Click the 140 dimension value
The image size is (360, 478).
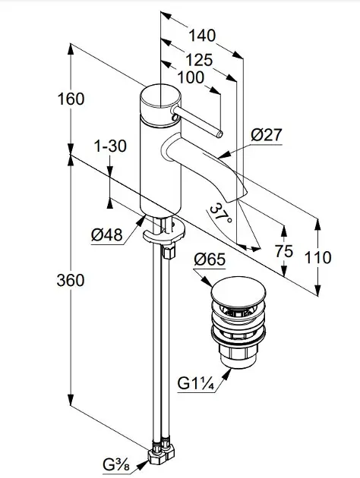(202, 36)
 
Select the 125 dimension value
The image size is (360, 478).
(199, 60)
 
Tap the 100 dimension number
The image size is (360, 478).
(191, 77)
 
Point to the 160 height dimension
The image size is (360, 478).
(71, 99)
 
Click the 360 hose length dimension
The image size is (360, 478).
(71, 280)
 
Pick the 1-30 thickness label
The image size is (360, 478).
(110, 146)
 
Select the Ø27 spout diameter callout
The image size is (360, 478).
(267, 135)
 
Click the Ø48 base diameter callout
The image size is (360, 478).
(107, 234)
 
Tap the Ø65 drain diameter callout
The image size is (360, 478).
(210, 259)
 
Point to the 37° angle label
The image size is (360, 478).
(221, 212)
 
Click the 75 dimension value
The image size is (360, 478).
(284, 251)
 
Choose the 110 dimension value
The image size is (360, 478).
(318, 257)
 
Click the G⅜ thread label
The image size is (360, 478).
(116, 465)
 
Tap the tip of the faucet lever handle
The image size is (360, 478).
(220, 134)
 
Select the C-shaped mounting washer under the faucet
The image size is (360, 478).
(164, 232)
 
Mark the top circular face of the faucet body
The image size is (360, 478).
(160, 96)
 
